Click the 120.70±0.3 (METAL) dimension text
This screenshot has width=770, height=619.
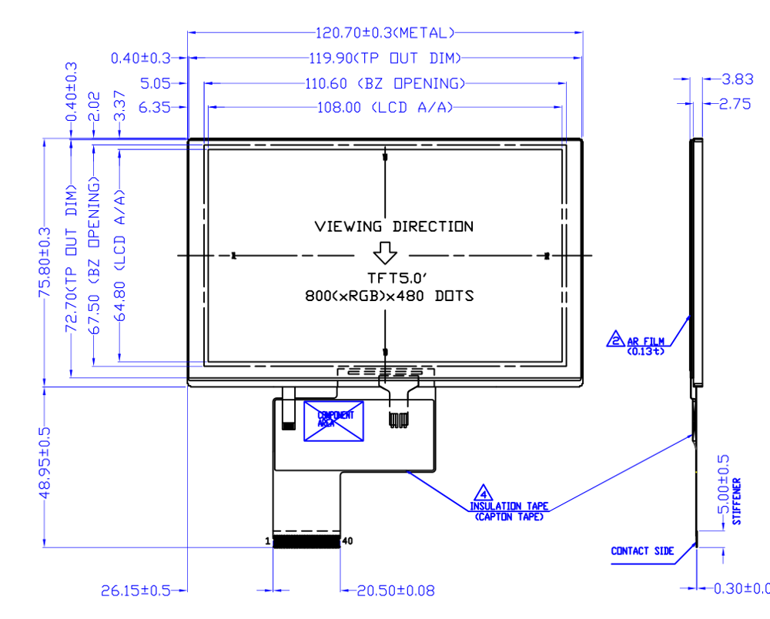tap(385, 33)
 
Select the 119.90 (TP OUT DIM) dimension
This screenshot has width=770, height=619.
tap(385, 59)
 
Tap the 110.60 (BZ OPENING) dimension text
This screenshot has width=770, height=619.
tap(385, 83)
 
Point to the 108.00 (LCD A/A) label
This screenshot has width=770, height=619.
tap(385, 108)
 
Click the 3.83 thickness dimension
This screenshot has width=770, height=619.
tap(737, 79)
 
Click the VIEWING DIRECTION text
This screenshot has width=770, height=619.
tap(393, 226)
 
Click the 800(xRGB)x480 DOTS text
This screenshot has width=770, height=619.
tap(389, 296)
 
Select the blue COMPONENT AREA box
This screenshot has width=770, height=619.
tap(334, 420)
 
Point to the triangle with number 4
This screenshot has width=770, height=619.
tap(484, 493)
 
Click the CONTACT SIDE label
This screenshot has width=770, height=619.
tap(642, 551)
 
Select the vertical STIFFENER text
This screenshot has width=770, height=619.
tap(737, 501)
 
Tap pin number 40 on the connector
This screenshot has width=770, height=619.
tap(347, 541)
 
